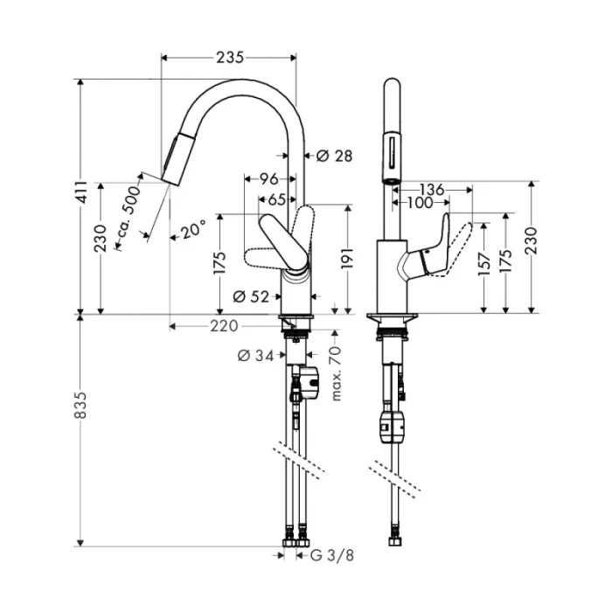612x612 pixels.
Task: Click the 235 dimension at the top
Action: click(x=229, y=58)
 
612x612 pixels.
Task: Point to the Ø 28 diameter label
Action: click(x=333, y=156)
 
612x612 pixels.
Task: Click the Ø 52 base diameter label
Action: click(x=251, y=296)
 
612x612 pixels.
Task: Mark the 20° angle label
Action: click(x=193, y=229)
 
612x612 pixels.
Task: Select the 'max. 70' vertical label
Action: click(x=335, y=374)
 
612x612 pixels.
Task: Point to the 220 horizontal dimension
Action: click(x=225, y=326)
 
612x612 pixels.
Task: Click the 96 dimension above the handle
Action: click(x=269, y=179)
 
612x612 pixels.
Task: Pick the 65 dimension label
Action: click(x=275, y=198)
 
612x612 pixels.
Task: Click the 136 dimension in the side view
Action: click(x=432, y=189)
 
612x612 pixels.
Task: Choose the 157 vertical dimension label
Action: click(x=483, y=268)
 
